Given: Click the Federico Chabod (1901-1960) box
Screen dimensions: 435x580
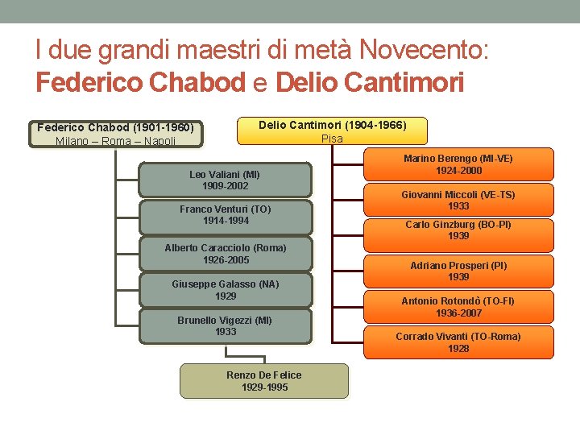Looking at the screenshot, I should coord(117,135).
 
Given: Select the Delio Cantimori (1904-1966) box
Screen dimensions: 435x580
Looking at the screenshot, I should coord(332,131).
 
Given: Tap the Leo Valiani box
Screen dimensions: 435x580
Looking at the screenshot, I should coord(225,180).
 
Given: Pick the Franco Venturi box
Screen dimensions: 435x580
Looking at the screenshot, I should coord(225,216).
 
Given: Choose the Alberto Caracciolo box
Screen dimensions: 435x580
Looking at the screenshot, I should coord(225,254).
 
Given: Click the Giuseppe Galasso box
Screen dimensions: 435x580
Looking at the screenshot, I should coord(225,290).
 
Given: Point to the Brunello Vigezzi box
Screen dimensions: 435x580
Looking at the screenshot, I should coord(225,326).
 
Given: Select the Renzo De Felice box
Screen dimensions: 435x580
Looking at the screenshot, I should coord(264,381).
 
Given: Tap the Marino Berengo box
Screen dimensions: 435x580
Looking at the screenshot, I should coord(458,164).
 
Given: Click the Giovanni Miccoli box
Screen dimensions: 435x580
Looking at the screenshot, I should coord(458,200).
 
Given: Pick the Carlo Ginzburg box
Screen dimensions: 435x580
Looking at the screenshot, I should coord(458,234).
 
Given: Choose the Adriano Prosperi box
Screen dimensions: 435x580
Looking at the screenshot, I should coord(458,271).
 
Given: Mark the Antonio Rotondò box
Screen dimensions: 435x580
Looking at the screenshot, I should coord(458,307).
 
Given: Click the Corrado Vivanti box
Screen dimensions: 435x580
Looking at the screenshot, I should coord(458,342).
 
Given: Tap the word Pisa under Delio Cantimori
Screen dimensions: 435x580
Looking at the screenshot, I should coord(332,139).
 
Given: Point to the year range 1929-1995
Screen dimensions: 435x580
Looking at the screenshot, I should coord(264,387).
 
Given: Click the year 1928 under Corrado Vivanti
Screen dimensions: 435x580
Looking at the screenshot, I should coord(458,349).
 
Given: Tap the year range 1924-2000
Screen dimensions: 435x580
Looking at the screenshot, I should coord(458,171).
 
